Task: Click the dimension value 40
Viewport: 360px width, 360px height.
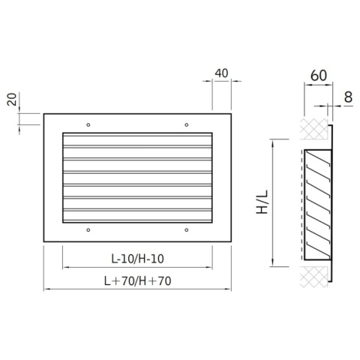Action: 221,73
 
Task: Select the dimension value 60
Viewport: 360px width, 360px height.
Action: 319,75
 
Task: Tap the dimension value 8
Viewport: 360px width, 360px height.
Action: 348,97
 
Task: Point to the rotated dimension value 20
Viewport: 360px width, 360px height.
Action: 12,99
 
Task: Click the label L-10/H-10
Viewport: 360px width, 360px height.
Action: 137,259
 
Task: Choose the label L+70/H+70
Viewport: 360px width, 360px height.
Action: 137,281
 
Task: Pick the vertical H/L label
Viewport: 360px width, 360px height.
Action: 262,202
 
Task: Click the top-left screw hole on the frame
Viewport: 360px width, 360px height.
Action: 88,124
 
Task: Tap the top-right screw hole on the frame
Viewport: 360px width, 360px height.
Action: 187,124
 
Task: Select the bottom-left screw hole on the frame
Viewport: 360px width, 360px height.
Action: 88,230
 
